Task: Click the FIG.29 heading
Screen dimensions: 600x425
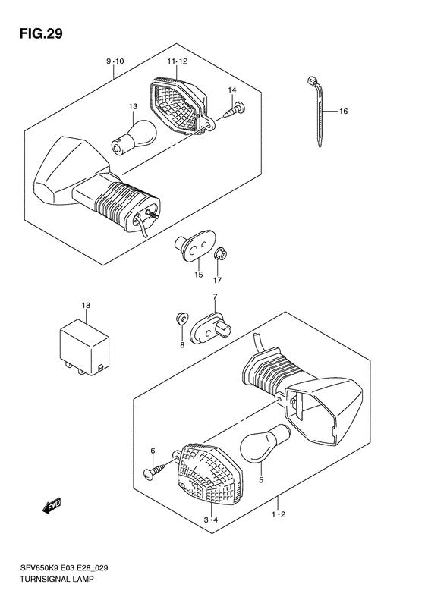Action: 36,33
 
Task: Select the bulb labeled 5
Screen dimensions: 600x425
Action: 262,443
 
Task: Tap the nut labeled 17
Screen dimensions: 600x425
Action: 219,255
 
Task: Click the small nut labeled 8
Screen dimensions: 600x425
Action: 182,318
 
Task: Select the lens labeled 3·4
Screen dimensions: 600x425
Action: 205,475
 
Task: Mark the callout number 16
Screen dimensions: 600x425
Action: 343,112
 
